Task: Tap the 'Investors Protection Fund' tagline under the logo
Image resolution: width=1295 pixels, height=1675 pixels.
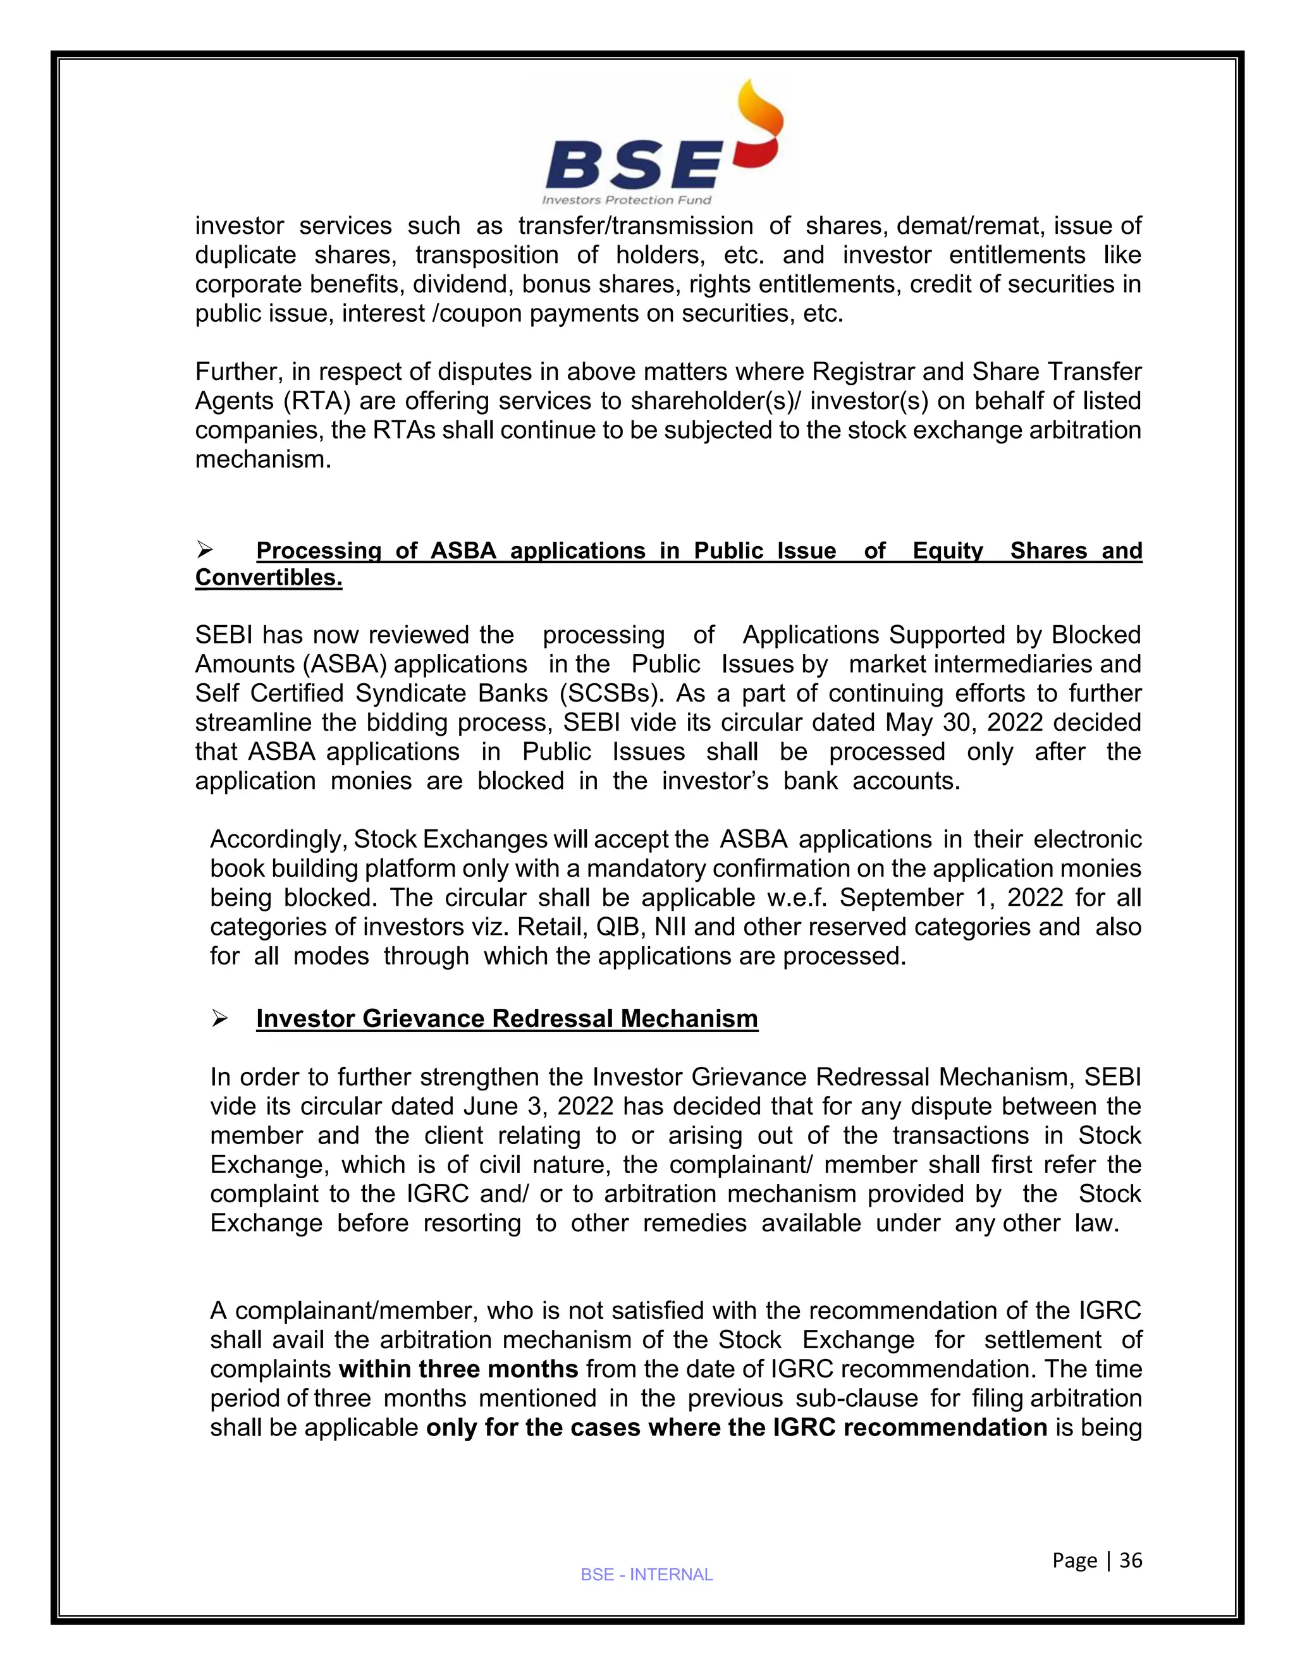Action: click(627, 200)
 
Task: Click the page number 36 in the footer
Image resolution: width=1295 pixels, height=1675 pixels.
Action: click(1131, 1560)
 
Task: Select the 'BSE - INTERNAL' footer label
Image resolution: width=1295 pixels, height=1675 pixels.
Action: click(647, 1574)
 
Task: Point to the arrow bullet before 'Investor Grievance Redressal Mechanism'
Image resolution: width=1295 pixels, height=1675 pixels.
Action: click(219, 1018)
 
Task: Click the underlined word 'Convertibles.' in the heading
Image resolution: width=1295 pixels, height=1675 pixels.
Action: click(269, 578)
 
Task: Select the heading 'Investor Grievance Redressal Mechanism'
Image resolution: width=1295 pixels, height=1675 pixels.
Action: click(506, 1018)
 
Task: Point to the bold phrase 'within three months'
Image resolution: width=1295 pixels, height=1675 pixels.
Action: click(458, 1368)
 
